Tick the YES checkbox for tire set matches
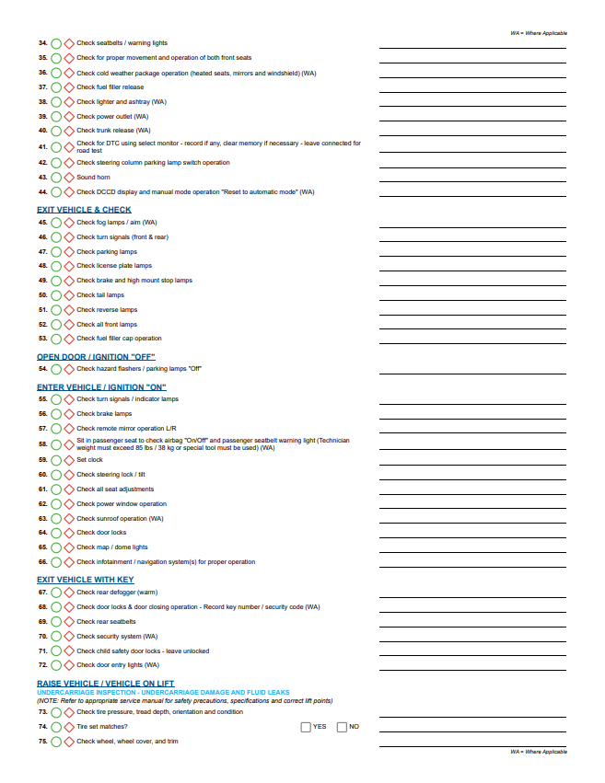pos(306,727)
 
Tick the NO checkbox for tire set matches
pos(342,727)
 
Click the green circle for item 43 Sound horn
pos(56,178)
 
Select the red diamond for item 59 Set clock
pos(69,460)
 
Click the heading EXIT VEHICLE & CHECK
pos(84,210)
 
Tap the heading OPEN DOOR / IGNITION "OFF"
pos(96,357)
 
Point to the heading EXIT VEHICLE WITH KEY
pos(85,580)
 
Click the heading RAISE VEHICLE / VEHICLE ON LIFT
pos(105,684)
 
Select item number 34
pos(42,43)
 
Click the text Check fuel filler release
pos(110,87)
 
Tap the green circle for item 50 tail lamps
pos(56,295)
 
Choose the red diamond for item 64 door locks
pos(69,533)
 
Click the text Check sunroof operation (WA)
pos(120,518)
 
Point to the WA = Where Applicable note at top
pos(539,32)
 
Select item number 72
pos(42,665)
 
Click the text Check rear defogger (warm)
pos(117,593)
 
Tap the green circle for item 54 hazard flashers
pos(56,369)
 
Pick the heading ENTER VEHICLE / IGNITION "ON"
pos(101,387)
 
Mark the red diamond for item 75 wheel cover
pos(69,742)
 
